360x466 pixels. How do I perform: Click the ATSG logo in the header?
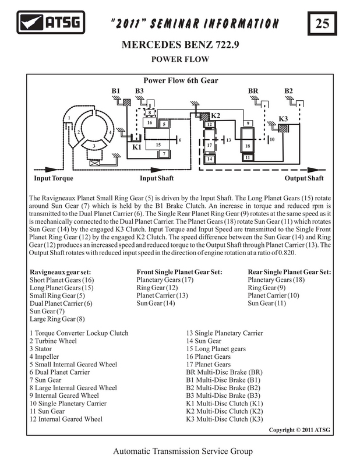(x=51, y=22)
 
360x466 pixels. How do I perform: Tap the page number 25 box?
(x=322, y=23)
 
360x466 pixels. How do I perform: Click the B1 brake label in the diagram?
(x=116, y=91)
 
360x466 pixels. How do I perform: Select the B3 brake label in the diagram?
(x=139, y=91)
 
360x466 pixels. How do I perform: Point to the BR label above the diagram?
(x=253, y=91)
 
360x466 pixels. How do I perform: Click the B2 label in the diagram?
(x=289, y=91)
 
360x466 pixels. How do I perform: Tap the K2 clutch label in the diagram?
(x=216, y=115)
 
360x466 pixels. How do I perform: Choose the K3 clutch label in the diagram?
(x=283, y=119)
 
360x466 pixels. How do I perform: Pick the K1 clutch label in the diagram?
(x=137, y=147)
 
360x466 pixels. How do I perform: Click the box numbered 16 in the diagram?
(x=150, y=122)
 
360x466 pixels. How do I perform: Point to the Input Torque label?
(x=54, y=178)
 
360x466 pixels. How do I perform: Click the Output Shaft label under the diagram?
(x=304, y=178)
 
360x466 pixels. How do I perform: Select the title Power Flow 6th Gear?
(x=181, y=80)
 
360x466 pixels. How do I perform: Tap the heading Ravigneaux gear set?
(x=61, y=272)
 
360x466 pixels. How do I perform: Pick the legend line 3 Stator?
(x=41, y=349)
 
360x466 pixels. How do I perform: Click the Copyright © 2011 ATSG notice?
(x=299, y=430)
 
